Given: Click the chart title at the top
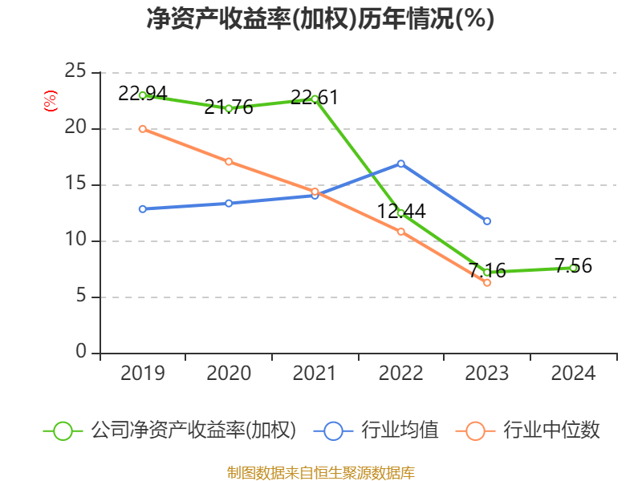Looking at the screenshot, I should (320, 19).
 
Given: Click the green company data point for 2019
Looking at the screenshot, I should (143, 95).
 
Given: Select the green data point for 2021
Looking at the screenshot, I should (315, 99).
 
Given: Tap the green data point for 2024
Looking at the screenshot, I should (573, 268).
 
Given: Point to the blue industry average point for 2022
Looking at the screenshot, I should (401, 164).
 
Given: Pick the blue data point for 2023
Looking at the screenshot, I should (487, 221).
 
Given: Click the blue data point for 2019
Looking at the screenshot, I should (143, 209).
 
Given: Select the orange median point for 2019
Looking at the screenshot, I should (143, 128).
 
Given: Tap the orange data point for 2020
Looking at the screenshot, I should (229, 161).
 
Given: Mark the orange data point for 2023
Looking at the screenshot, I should (487, 283).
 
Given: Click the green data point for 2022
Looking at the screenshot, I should (401, 212).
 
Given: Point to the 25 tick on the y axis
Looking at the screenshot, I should (76, 72).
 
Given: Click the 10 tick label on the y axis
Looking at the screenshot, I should (76, 240).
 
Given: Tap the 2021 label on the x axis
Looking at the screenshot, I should (315, 374).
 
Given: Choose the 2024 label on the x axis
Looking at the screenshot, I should (573, 374).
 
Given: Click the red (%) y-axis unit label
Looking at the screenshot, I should (51, 102).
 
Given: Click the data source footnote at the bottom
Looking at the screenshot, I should (320, 472).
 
